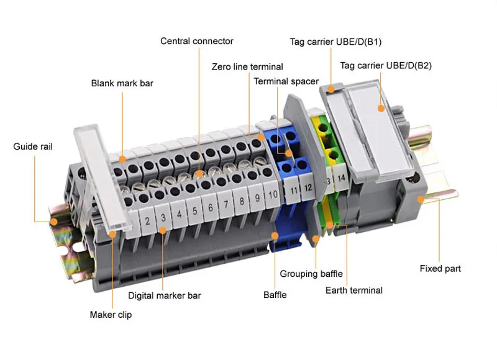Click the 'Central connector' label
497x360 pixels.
click(196, 42)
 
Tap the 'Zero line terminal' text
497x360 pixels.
click(247, 67)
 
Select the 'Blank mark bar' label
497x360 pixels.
click(122, 83)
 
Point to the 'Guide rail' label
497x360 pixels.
click(33, 147)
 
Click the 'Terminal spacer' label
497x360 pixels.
click(286, 81)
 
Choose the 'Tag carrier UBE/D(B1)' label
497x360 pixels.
click(335, 42)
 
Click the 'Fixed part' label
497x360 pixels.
click(440, 269)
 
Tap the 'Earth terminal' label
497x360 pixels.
click(354, 290)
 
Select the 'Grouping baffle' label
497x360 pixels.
click(311, 274)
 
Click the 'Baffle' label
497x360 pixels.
click(275, 295)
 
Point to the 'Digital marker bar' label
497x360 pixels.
click(165, 295)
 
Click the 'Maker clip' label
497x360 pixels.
click(111, 315)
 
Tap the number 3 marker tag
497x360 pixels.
click(163, 218)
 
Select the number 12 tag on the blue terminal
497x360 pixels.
click(308, 185)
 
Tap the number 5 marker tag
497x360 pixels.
click(194, 211)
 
